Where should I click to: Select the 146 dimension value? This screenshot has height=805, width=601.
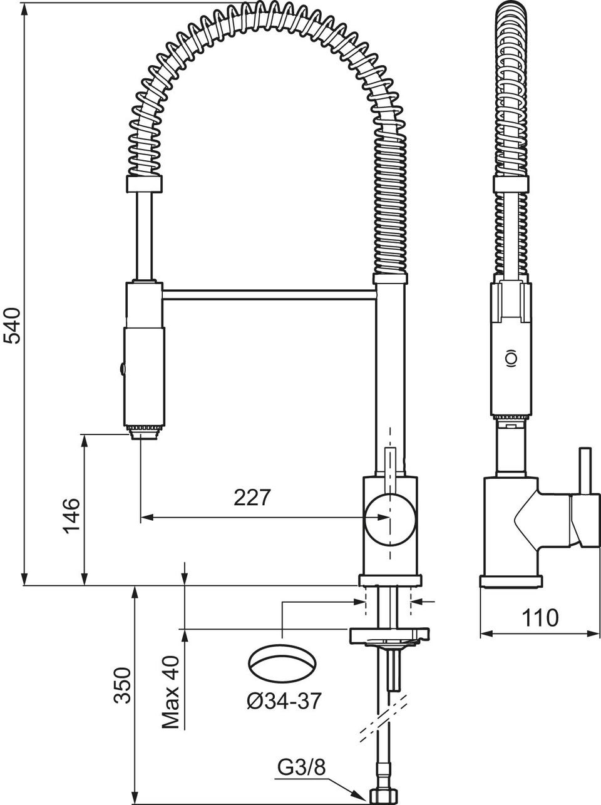coord(71,516)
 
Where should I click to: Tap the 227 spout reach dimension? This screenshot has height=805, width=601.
coord(252,498)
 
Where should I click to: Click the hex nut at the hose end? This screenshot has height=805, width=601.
coord(384,794)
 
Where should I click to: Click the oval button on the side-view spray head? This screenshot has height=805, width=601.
coord(510,357)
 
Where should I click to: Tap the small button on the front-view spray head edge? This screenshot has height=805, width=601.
coord(121,368)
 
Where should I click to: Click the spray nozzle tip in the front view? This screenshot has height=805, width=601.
coord(145,432)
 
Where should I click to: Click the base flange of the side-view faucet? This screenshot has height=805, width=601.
coord(511,582)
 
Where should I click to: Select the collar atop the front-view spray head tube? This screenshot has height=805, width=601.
coord(144,183)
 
